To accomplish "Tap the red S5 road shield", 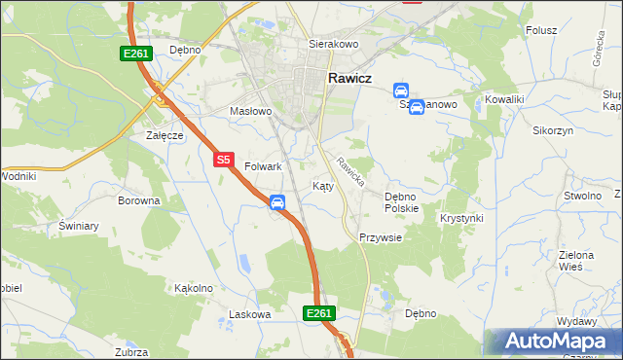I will (224, 159).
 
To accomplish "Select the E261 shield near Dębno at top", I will (134, 54).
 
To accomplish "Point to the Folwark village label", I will (263, 167).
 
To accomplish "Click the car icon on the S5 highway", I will (277, 201).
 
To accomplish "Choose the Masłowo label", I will (250, 112).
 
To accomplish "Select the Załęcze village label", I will (165, 135).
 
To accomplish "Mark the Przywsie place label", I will (380, 237).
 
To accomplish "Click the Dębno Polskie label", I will (401, 202).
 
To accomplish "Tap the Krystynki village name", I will (461, 218).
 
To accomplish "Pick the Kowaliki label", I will (505, 100).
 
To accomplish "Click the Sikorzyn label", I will (552, 130).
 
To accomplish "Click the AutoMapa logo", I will (554, 342).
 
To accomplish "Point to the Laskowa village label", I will (248, 314).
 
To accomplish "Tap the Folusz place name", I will (541, 30).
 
